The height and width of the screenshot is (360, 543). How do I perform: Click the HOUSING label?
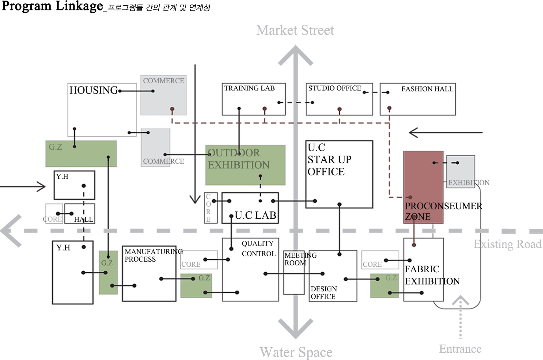point(94,90)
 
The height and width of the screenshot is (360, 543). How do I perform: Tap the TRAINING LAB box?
point(253,99)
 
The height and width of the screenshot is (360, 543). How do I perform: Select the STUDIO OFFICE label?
point(335,88)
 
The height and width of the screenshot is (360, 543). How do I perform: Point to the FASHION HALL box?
point(417,99)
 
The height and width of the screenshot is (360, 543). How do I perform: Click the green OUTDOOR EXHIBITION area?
point(245,165)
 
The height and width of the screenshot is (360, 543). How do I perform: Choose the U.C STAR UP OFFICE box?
point(339,174)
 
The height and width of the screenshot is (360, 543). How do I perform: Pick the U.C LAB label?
point(255,215)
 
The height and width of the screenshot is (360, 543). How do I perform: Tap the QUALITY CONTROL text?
point(258,249)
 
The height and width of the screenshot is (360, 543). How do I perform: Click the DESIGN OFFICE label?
point(324,293)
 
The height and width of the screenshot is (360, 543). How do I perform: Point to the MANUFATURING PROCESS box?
point(149,273)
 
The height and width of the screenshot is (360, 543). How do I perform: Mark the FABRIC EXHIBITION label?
point(432,275)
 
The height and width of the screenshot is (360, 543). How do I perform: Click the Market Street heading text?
point(295,30)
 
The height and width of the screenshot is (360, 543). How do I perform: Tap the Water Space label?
point(296,352)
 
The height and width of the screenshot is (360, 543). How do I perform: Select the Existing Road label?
point(507,244)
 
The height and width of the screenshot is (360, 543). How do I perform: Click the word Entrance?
point(460,349)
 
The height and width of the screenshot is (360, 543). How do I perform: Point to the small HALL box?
point(80,214)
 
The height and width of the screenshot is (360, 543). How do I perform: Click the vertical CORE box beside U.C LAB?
point(211,208)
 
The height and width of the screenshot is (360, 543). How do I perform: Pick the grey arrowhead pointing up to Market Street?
point(296,55)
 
